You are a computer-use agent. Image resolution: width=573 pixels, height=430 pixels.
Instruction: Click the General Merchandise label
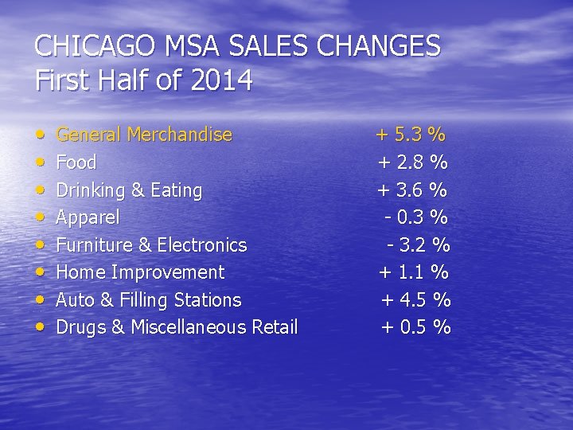[x=144, y=135]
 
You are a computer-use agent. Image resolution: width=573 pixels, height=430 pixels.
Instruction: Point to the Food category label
[x=76, y=162]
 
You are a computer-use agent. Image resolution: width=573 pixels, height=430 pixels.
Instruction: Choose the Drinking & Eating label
[x=129, y=190]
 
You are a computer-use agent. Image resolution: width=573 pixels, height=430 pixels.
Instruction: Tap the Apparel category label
[x=88, y=217]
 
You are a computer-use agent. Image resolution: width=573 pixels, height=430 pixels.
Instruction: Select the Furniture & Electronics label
[x=151, y=244]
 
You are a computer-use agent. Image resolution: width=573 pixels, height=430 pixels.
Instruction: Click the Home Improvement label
[x=140, y=272]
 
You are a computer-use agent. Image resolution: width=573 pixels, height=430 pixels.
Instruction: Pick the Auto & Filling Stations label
[x=148, y=300]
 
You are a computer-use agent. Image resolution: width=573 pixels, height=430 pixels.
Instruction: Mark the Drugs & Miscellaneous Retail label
[x=177, y=327]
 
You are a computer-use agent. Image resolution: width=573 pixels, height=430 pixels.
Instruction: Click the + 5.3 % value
[x=411, y=135]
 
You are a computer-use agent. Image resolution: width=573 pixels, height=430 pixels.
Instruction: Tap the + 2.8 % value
[x=412, y=162]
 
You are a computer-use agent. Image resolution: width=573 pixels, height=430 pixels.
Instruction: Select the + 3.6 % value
[x=412, y=190]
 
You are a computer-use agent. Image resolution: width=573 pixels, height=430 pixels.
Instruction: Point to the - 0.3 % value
[x=416, y=217]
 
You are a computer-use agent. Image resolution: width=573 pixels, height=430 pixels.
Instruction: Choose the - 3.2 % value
[x=419, y=244]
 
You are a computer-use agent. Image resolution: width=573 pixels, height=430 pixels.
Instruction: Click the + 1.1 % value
[x=413, y=272]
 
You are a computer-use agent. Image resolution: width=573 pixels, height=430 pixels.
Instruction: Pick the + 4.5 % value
[x=416, y=300]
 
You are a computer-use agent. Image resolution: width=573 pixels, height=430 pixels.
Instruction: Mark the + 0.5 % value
[x=416, y=327]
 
